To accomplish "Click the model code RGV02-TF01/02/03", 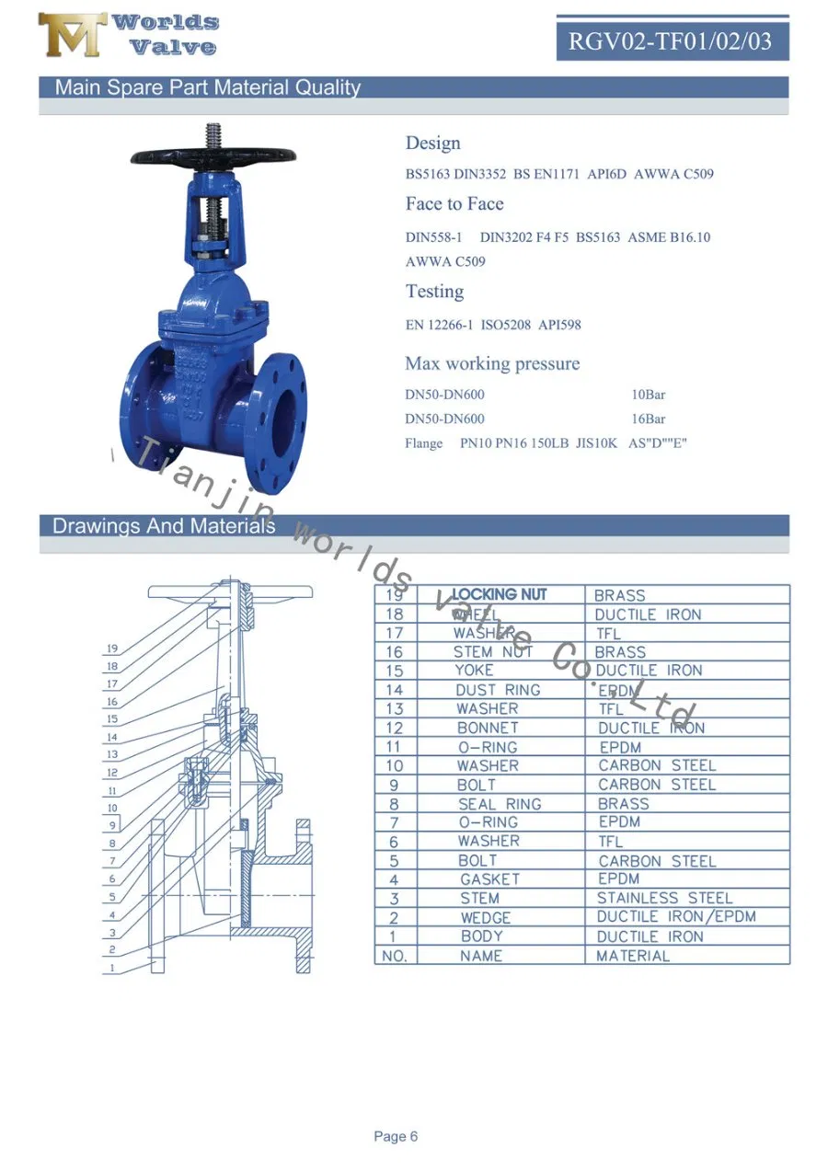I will point(671,41).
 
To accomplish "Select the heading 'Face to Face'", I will point(454,203).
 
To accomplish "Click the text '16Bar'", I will point(648,419).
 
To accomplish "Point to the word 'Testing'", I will point(434,292).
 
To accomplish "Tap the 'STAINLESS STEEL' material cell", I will point(664,898).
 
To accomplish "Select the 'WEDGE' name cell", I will point(485,917).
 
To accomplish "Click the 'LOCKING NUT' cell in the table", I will point(499,595).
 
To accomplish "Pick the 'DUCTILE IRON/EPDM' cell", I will point(676,917).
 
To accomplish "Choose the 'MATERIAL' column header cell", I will point(633,956).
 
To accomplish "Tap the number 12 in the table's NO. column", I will point(394,728).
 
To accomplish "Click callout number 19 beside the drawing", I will point(111,649).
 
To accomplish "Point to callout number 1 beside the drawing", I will point(111,968).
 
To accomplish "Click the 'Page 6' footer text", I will point(396,1137).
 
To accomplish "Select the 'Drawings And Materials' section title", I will point(164,526).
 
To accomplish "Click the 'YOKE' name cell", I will point(474,671).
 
